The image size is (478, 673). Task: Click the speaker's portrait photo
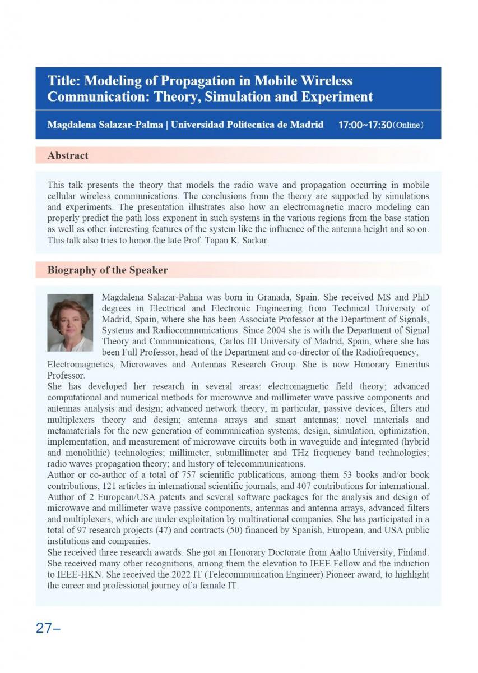click(70, 322)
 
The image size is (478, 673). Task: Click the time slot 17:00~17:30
click(364, 125)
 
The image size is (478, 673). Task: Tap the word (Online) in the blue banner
click(408, 125)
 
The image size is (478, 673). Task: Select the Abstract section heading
click(68, 155)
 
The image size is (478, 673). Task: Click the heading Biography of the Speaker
click(107, 270)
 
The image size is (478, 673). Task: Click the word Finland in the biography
click(413, 552)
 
